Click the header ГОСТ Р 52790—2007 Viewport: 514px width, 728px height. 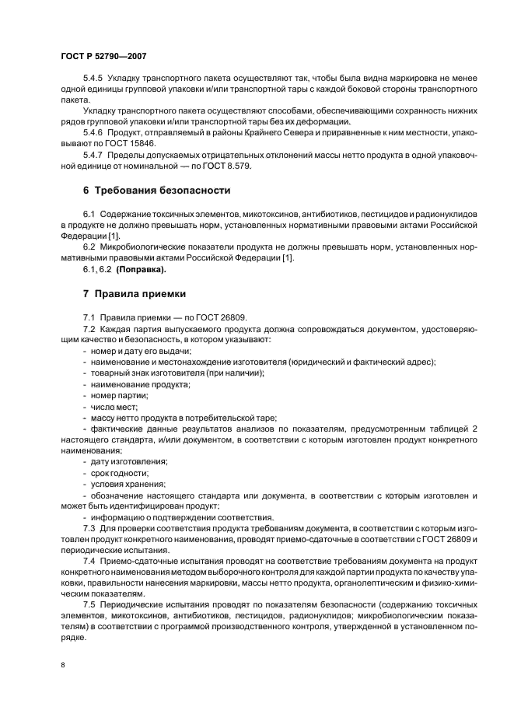103,56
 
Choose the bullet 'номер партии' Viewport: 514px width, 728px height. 119,395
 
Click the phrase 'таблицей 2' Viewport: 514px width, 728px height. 454,429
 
